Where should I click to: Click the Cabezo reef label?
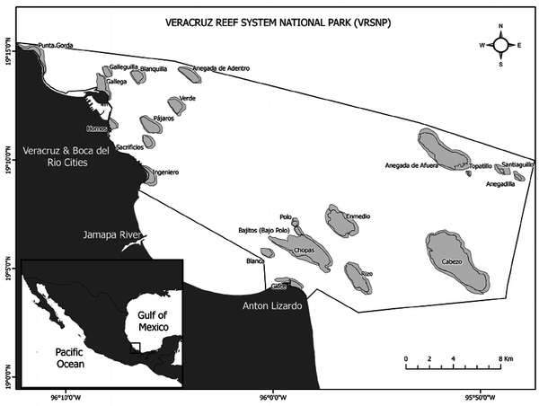tap(452, 261)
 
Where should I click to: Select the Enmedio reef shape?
tap(341, 222)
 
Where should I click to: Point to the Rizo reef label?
tap(367, 272)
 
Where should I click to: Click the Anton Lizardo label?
tap(273, 305)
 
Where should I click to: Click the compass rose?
tap(501, 44)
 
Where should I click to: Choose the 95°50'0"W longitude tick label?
tap(482, 395)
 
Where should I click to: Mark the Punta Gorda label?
tap(56, 45)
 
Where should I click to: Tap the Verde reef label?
tap(188, 98)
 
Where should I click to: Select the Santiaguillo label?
tap(518, 164)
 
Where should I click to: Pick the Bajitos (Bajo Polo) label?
tap(264, 231)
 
